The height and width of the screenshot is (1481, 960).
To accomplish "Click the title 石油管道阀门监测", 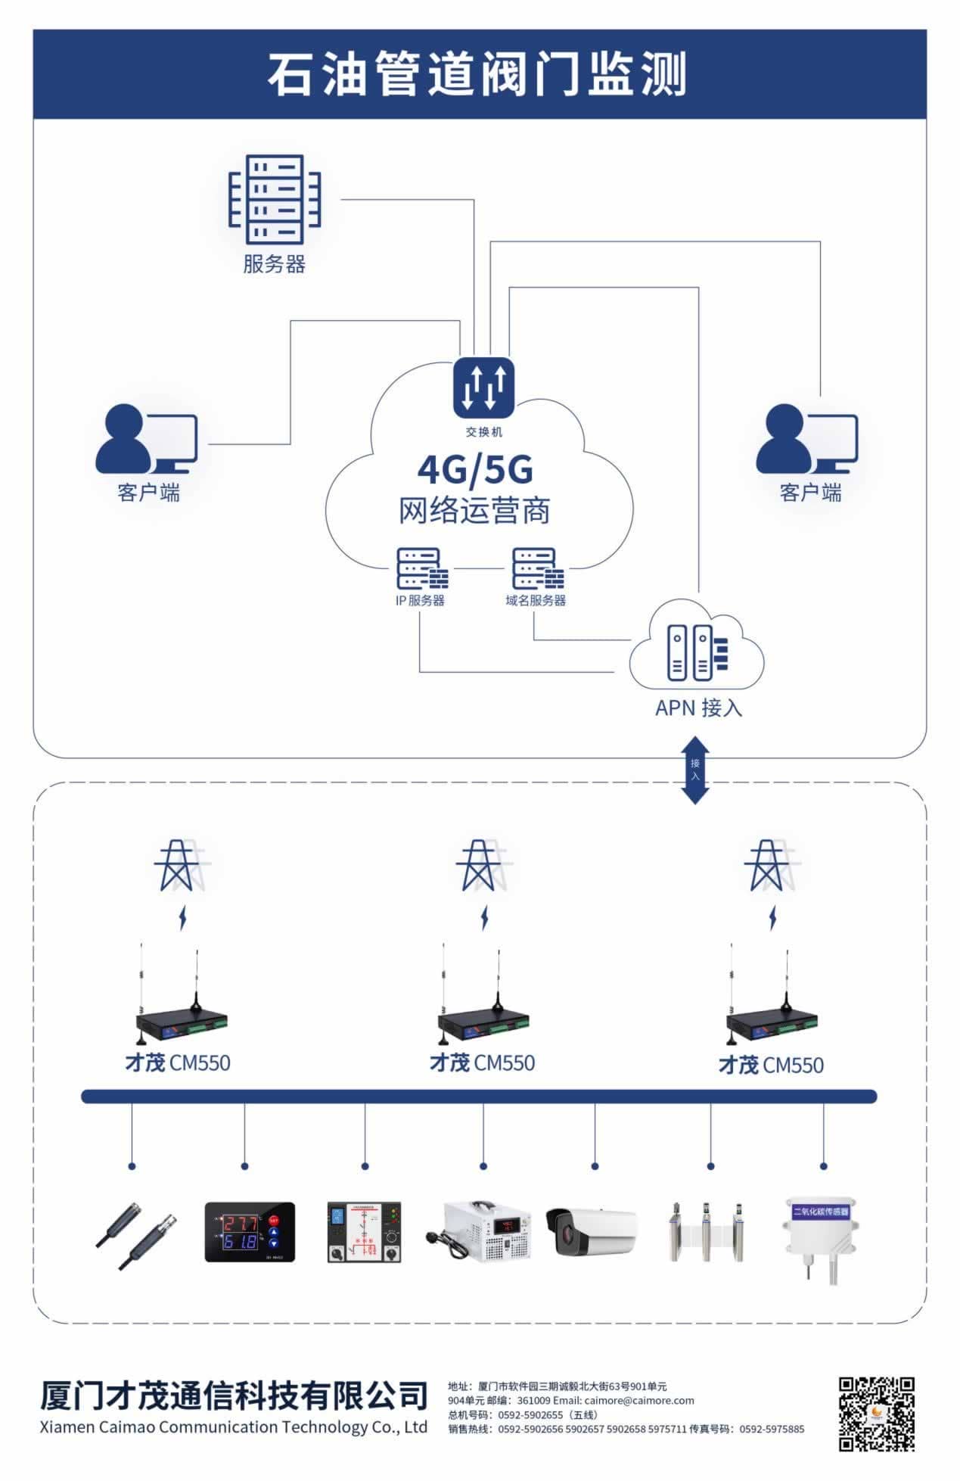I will (477, 75).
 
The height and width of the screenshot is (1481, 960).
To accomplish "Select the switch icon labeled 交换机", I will (483, 387).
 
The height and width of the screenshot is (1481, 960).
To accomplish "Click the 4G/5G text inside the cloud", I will (475, 470).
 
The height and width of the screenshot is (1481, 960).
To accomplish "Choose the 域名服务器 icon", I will (537, 569).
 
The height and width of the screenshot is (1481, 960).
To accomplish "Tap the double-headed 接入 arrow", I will (695, 770).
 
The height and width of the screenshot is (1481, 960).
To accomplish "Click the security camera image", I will (592, 1232).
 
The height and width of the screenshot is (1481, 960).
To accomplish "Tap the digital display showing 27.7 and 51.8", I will (250, 1231).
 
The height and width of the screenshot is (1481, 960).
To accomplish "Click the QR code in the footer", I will (876, 1414).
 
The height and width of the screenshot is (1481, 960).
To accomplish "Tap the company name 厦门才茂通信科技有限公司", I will (234, 1394).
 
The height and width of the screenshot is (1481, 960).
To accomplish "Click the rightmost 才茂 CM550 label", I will (770, 1066).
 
